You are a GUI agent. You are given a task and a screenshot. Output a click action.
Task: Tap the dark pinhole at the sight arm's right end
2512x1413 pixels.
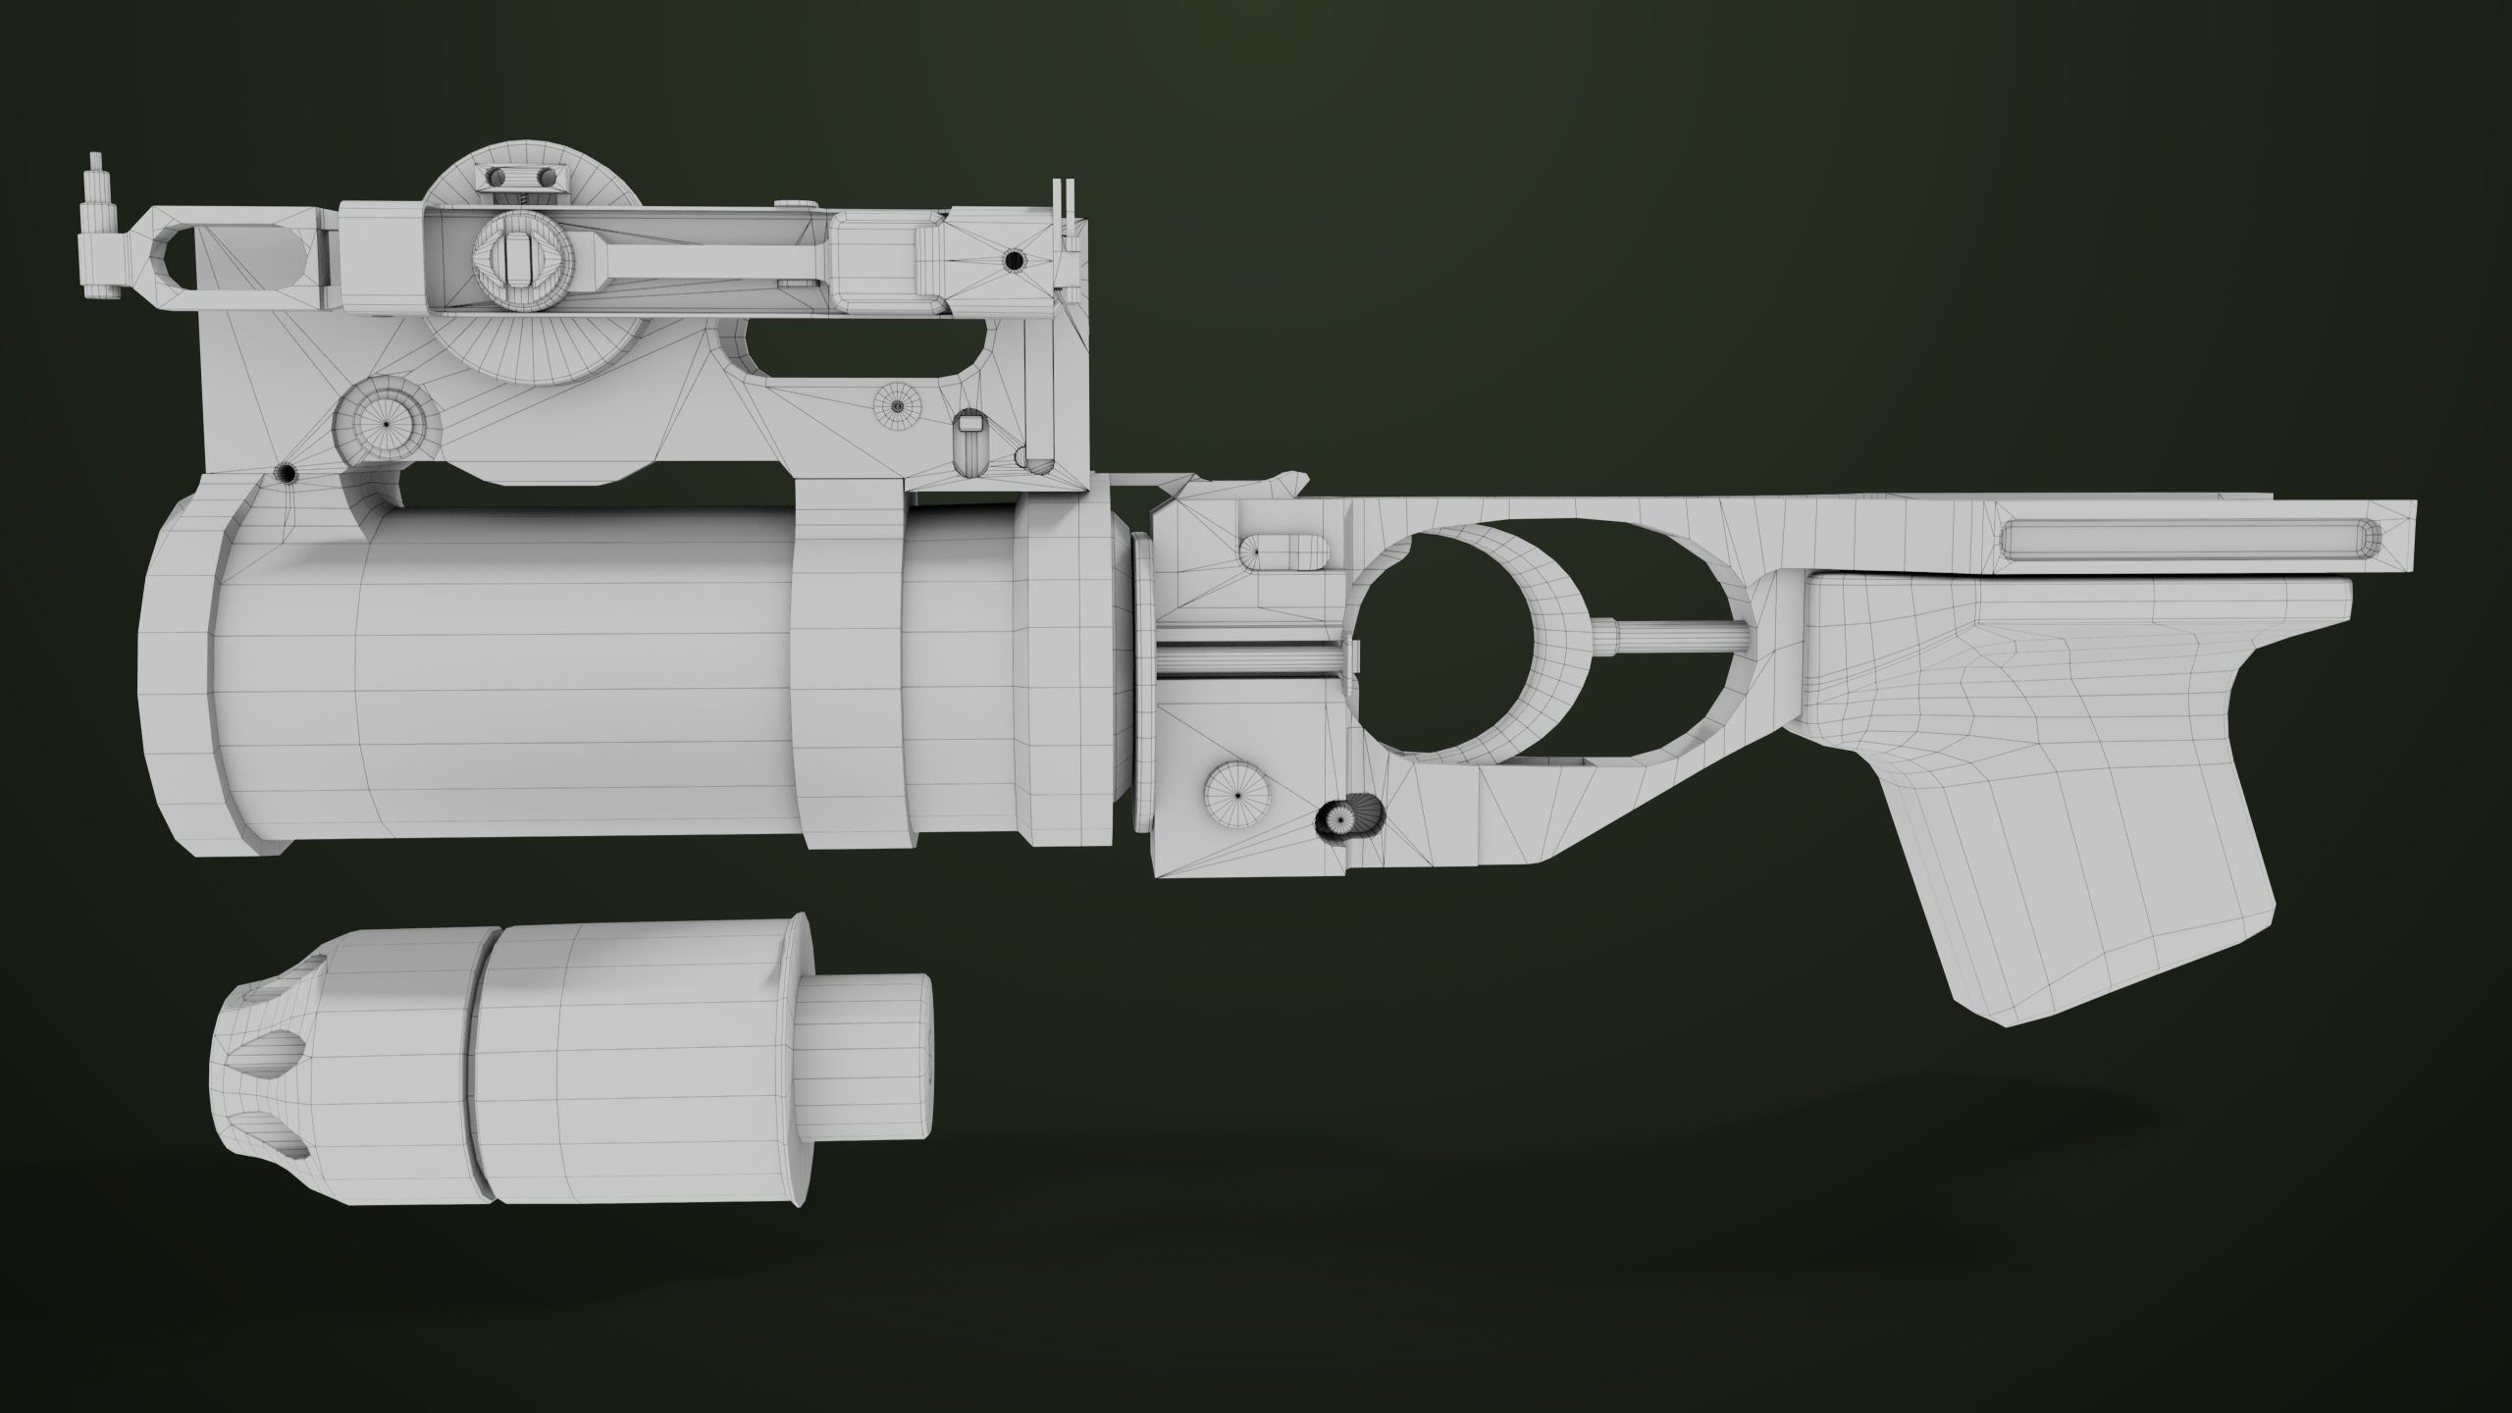pyautogui.click(x=1014, y=261)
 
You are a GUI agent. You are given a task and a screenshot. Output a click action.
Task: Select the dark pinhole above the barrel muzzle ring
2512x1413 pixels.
pyautogui.click(x=287, y=474)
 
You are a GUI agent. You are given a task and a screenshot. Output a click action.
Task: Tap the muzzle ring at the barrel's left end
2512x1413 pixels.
pyautogui.click(x=186, y=677)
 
